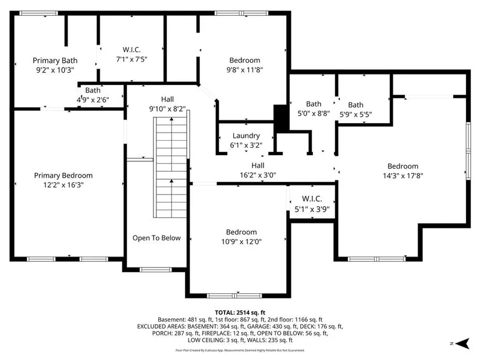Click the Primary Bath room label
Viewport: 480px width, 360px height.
click(55, 60)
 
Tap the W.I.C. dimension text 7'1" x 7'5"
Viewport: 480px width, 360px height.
click(131, 59)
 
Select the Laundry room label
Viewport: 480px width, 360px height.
click(246, 136)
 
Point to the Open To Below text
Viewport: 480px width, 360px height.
click(157, 238)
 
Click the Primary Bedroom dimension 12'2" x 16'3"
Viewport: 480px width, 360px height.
click(63, 184)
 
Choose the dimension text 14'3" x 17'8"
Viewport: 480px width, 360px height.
click(403, 176)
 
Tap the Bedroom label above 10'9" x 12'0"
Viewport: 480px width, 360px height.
click(241, 232)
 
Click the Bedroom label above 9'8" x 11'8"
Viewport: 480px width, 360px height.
click(244, 60)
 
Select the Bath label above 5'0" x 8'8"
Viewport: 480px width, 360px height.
click(314, 104)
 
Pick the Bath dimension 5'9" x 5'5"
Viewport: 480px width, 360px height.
click(355, 114)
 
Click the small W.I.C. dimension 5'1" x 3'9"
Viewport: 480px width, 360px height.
click(312, 209)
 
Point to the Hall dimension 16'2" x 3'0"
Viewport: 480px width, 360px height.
click(258, 175)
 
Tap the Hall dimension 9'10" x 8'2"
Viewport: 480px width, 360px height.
click(168, 108)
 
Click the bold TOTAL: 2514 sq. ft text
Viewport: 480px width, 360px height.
click(240, 312)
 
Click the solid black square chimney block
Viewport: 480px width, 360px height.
click(281, 118)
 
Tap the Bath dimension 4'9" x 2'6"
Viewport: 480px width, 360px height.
click(93, 100)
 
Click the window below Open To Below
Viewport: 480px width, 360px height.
click(155, 270)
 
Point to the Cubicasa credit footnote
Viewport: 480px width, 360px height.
click(240, 350)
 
